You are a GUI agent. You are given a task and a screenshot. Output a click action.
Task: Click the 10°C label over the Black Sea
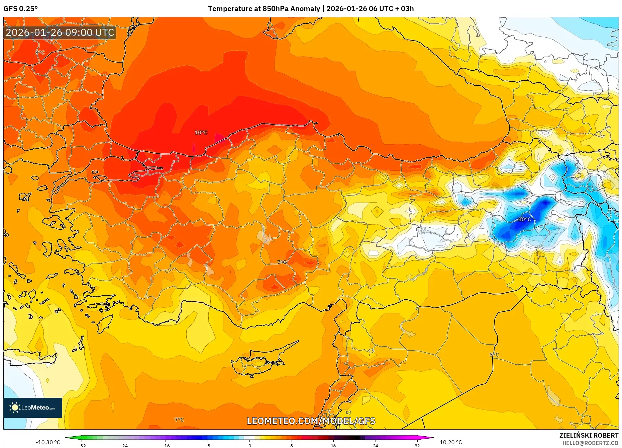[201, 133]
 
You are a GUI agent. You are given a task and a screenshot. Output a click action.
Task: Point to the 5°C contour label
[494, 355]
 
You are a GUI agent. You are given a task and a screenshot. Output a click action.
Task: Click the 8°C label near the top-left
[40, 53]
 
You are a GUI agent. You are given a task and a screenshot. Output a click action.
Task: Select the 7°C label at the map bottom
[179, 420]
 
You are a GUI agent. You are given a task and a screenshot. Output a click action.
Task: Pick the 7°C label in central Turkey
[282, 262]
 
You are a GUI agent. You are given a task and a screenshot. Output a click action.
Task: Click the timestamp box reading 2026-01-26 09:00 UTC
[60, 32]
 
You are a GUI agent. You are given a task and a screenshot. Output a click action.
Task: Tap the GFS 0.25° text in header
[20, 9]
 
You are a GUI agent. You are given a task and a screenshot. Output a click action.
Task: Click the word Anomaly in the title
[305, 9]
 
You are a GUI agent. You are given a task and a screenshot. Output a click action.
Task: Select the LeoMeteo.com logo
[33, 407]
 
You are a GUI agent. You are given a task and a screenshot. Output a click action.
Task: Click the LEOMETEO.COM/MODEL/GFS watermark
[311, 421]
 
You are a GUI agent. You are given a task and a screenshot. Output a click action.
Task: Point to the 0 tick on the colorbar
[249, 445]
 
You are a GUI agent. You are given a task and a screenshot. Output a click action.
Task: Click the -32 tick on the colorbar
[82, 445]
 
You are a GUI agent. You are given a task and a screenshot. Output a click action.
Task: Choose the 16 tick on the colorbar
[333, 445]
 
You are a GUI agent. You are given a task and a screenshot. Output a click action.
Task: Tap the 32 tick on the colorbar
[417, 445]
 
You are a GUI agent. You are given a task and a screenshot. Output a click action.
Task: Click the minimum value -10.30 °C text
[48, 442]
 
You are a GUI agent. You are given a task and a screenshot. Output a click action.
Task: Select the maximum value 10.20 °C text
[450, 442]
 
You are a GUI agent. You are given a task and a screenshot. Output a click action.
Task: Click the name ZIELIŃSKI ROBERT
[589, 435]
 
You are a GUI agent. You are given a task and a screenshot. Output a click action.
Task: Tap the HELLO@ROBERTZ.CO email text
[590, 443]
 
